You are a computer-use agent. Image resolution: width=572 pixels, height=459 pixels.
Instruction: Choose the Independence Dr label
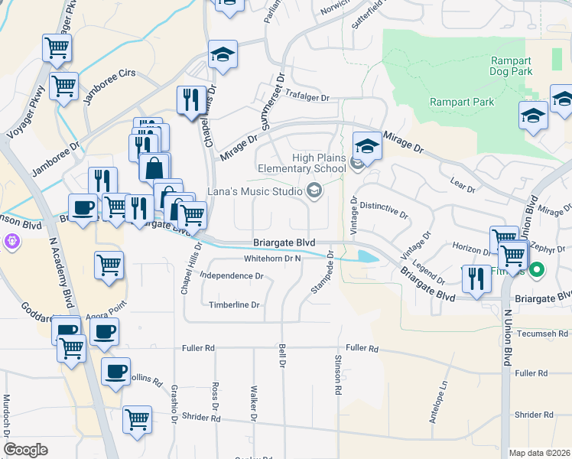(x=232, y=275)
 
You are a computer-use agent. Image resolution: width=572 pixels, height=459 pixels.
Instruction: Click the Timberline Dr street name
(x=235, y=304)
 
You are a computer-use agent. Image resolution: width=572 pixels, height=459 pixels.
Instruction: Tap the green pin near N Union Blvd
(x=537, y=269)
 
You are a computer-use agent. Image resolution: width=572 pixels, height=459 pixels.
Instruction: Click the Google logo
(x=25, y=450)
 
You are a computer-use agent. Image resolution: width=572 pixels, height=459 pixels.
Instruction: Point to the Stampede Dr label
(x=323, y=272)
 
